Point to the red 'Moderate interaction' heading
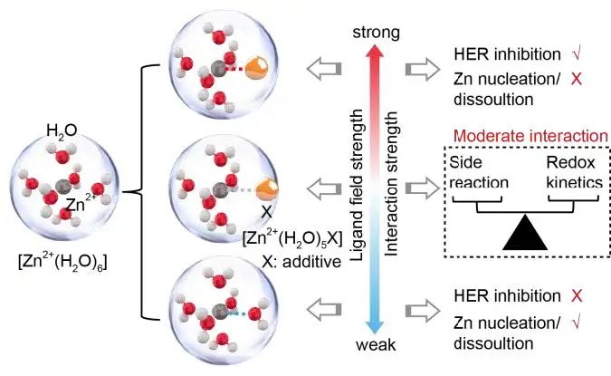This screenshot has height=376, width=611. click(x=531, y=136)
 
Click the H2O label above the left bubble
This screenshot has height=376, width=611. click(x=62, y=133)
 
